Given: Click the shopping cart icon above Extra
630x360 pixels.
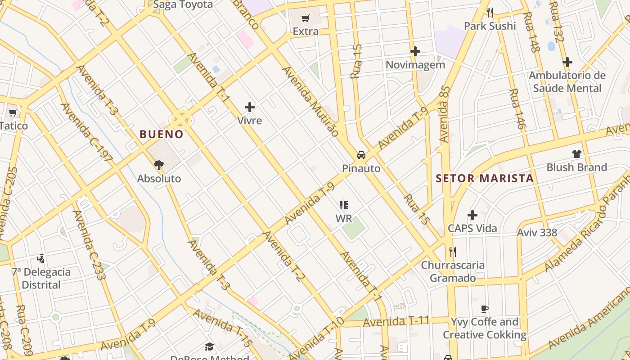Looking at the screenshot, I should pos(306,18).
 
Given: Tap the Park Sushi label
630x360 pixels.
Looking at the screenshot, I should pos(490,26).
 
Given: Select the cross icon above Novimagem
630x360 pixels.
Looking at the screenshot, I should pos(415,51).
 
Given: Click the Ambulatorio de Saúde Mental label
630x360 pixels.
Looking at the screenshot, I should pos(567,81).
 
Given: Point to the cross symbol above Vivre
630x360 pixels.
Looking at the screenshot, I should pos(250,107).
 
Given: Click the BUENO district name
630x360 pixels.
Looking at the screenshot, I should pos(162,134).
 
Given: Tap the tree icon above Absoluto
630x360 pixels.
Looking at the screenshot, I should pos(158,165).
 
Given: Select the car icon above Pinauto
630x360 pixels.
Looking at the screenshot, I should pos(361,155).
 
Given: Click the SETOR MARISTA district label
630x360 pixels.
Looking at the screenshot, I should pos(485,178).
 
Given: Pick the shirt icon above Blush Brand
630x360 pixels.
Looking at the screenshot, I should pos(577,154).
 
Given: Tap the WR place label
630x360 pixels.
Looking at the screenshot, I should pos(344,218).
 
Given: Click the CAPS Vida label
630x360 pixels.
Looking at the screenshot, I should pos(472,228).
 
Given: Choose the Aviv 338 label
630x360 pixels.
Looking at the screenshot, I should pos(537,233).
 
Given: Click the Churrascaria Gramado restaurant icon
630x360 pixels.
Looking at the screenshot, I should pos(453,252).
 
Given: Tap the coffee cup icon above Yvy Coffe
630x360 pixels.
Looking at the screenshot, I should pos(484,309).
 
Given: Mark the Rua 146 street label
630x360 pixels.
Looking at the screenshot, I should pos(517,109).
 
